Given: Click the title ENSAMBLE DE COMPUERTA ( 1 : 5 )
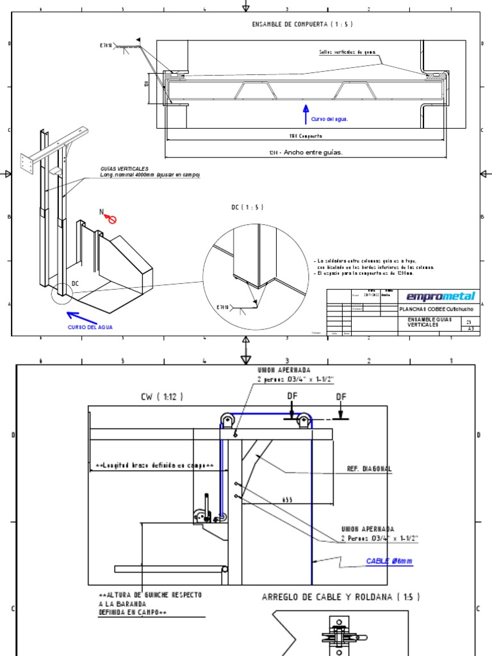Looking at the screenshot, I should click(x=302, y=24).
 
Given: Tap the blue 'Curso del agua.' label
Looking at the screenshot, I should click(x=330, y=119).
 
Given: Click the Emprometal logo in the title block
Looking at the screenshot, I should click(x=441, y=296).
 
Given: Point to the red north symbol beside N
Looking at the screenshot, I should click(x=111, y=220).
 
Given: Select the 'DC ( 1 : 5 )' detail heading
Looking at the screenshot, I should click(x=247, y=208).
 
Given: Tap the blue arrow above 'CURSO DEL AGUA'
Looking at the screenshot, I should click(x=82, y=317).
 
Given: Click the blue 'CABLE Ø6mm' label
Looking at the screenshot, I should click(x=389, y=561).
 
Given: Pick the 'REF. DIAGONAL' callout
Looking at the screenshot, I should click(x=369, y=469).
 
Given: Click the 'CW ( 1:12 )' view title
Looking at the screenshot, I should click(x=162, y=397).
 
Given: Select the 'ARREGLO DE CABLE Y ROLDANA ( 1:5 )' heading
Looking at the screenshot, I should click(x=341, y=597).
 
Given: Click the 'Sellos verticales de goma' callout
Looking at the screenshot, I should click(x=346, y=53).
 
